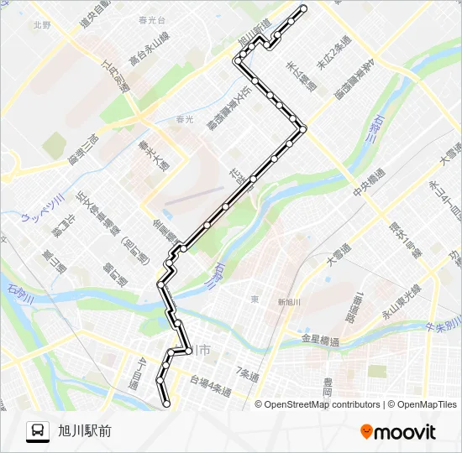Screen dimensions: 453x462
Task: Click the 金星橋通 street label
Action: pyautogui.click(x=320, y=341)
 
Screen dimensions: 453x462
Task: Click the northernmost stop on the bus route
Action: pyautogui.click(x=303, y=8)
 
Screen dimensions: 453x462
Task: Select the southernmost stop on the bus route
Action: pyautogui.click(x=166, y=404)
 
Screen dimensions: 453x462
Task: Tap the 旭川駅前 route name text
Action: pyautogui.click(x=85, y=431)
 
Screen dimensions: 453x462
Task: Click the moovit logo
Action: pyautogui.click(x=398, y=431)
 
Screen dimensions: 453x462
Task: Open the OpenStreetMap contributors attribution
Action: pyautogui.click(x=322, y=404)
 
